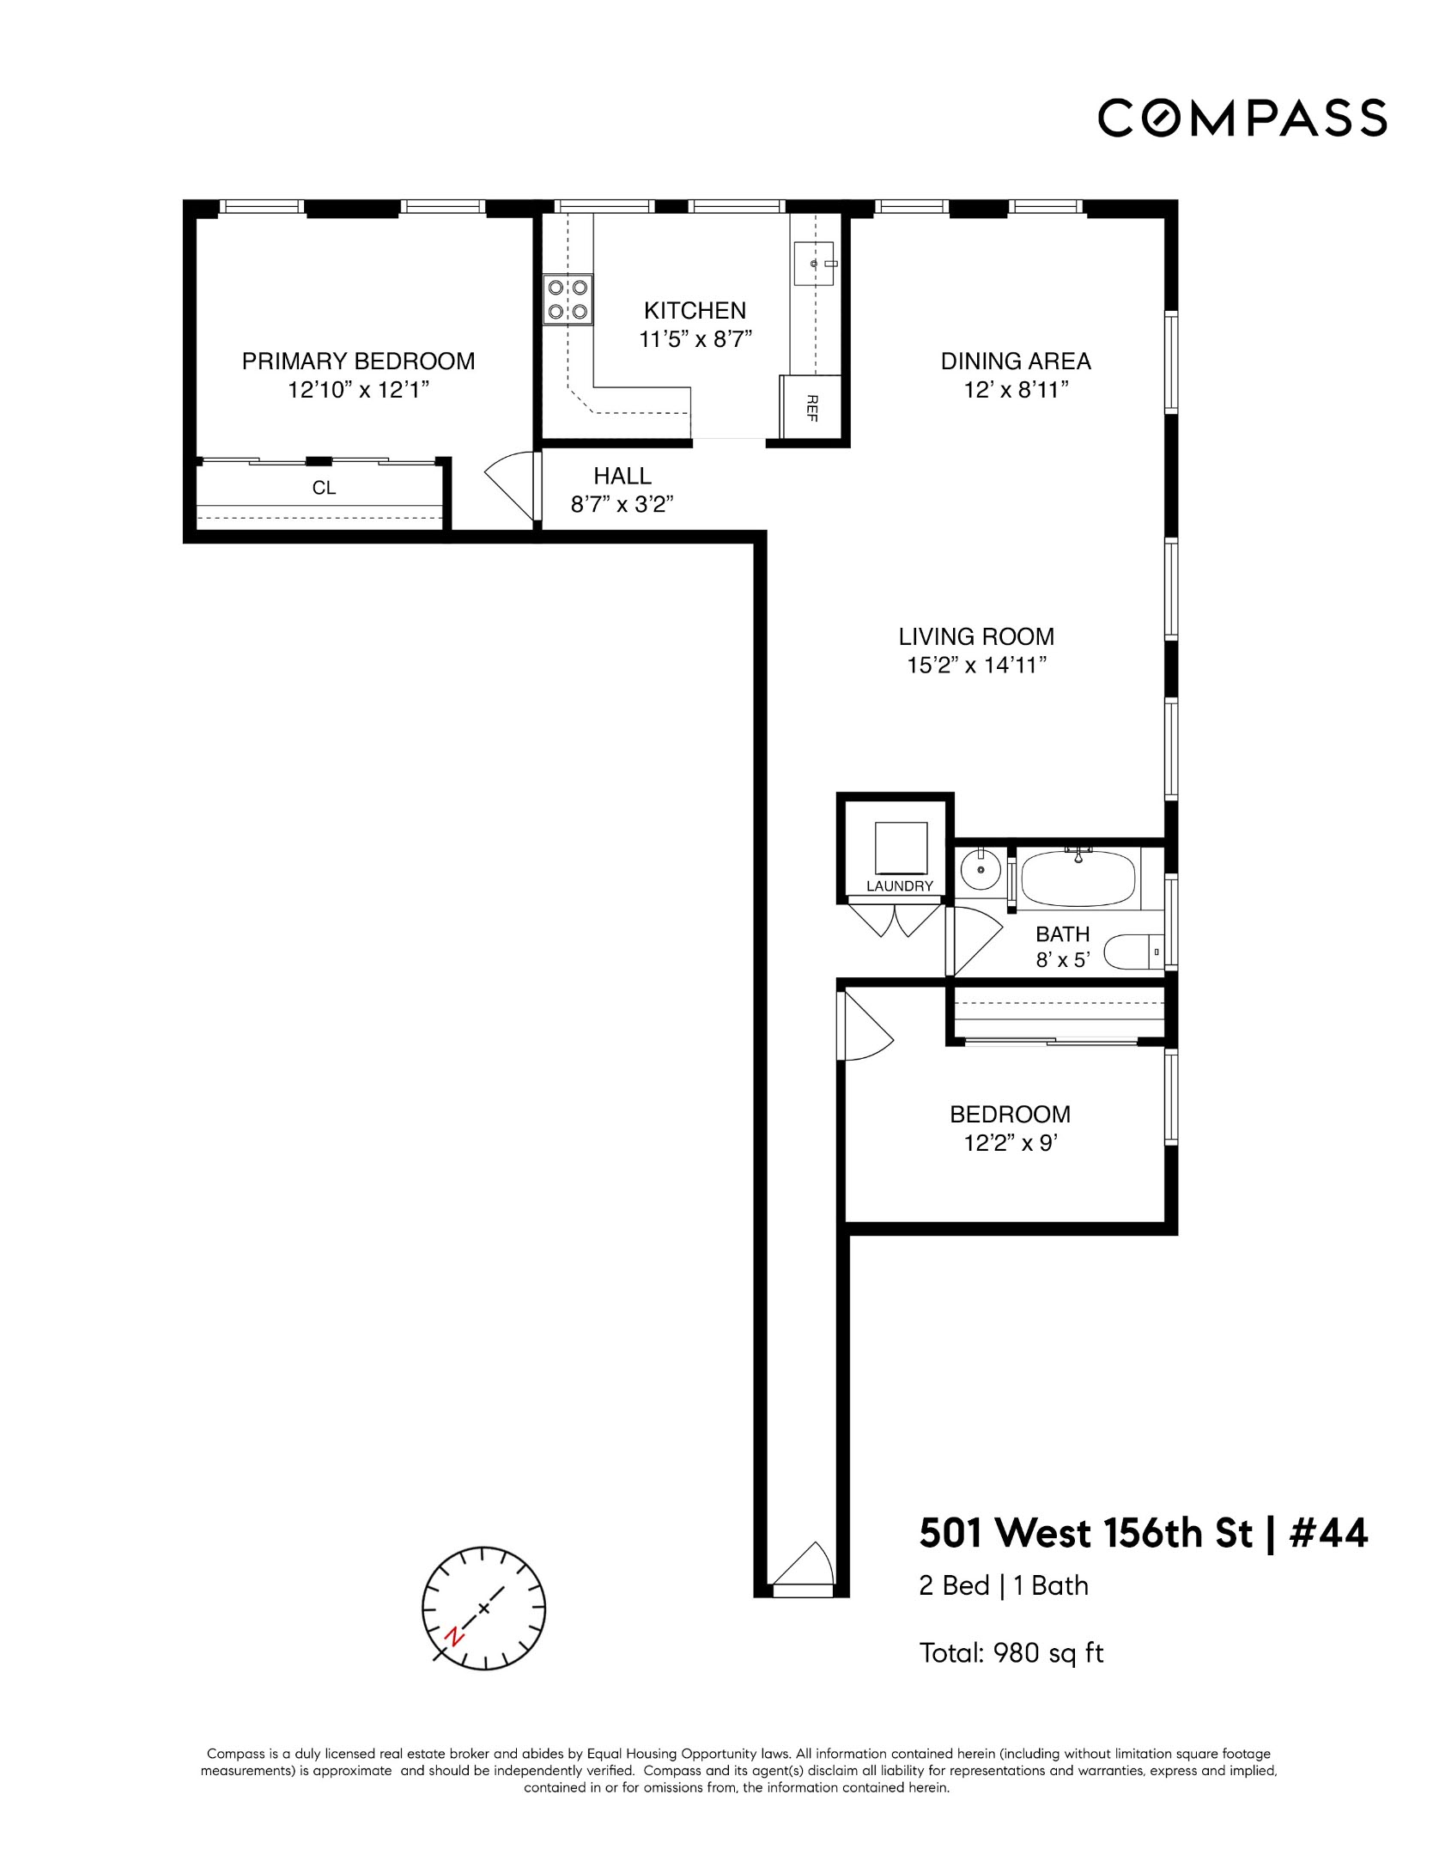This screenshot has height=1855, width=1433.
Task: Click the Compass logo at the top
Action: point(1242,119)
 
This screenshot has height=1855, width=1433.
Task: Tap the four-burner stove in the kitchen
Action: point(568,300)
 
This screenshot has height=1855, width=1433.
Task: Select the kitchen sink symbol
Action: point(814,264)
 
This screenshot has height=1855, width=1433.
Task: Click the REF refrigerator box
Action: point(811,407)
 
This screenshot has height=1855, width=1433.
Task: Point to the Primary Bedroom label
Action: point(358,362)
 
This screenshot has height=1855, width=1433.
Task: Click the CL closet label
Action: point(324,488)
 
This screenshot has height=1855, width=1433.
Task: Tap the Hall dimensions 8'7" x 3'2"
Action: point(622,504)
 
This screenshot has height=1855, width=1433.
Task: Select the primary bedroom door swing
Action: point(513,485)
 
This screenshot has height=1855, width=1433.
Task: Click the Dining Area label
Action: point(1015,362)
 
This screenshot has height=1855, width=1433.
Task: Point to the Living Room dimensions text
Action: point(976,666)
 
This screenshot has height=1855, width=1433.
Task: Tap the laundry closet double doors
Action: point(895,919)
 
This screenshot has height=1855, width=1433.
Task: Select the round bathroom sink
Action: point(979,869)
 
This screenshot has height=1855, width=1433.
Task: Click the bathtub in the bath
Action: point(1078,878)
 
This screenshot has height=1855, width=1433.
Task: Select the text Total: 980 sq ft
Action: point(1011,1653)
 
